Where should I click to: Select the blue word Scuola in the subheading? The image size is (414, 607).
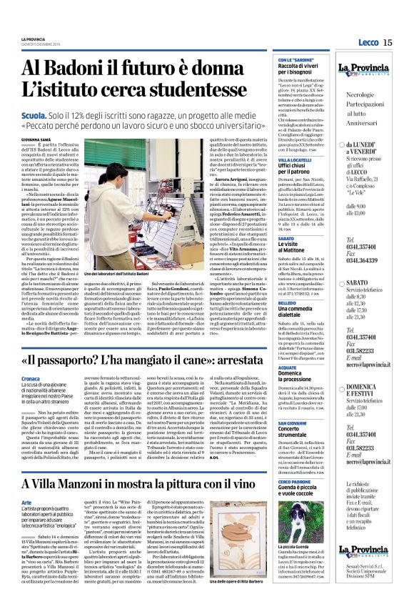click(36, 115)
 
